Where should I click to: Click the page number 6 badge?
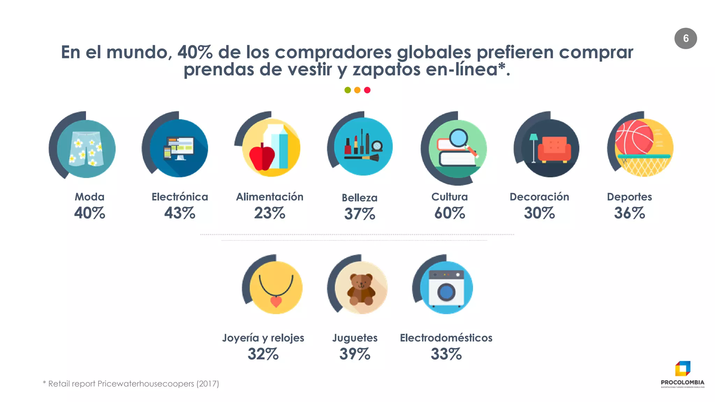coord(685,38)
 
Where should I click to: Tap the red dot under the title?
coord(367,90)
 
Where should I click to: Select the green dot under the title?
coord(347,90)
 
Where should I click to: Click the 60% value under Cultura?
coord(450,213)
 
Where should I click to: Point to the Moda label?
coord(89,197)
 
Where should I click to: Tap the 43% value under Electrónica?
coord(179,213)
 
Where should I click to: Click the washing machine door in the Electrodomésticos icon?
coord(446,292)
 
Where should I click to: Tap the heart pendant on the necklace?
coord(276,301)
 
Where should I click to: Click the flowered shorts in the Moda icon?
coord(86,148)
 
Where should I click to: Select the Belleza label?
coord(360,198)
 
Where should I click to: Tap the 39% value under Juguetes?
coord(355,354)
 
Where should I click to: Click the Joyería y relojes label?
coord(263,338)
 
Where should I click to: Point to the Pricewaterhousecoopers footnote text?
coord(131,384)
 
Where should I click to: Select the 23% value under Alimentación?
coord(270,213)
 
